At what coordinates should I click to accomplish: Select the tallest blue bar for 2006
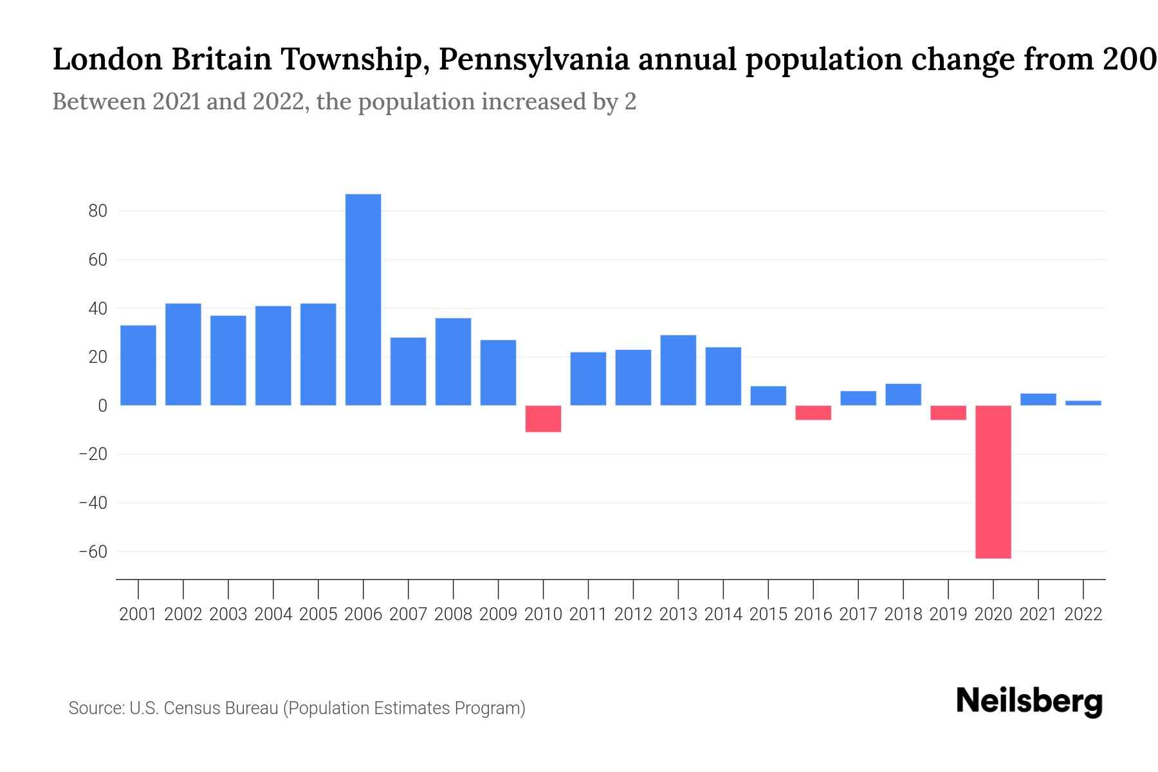click(x=363, y=299)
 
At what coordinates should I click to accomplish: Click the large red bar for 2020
click(x=993, y=481)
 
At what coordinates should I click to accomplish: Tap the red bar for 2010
click(x=543, y=419)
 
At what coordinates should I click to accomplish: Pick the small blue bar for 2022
click(x=1083, y=403)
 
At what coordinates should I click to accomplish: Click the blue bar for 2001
click(x=138, y=365)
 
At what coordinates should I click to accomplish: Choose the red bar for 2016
click(x=813, y=412)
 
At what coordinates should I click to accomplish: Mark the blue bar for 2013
click(x=678, y=370)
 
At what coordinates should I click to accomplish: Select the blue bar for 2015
click(x=768, y=396)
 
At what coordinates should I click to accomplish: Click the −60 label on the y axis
click(x=93, y=551)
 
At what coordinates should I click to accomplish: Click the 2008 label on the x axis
click(x=453, y=614)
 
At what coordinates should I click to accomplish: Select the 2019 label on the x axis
click(x=948, y=614)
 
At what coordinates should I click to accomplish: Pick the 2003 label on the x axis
click(x=228, y=614)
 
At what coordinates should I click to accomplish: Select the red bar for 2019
click(x=948, y=412)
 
